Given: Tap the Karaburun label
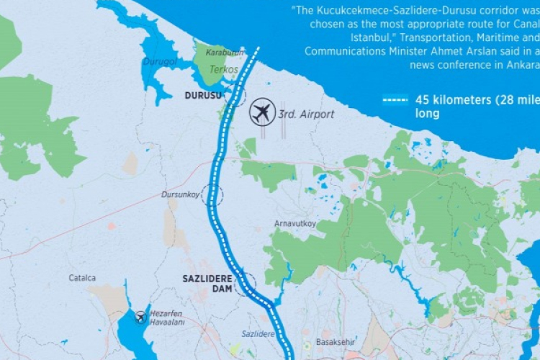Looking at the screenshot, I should (225, 53).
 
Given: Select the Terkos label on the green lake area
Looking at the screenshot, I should (224, 70).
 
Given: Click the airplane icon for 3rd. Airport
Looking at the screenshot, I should (263, 112).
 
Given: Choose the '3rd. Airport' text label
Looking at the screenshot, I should (306, 114).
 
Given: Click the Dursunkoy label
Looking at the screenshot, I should (179, 194).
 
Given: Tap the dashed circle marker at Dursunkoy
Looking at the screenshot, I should (212, 194).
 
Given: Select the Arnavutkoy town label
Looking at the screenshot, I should (295, 223).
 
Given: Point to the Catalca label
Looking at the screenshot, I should (83, 277).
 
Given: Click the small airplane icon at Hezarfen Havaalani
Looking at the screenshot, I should (141, 318).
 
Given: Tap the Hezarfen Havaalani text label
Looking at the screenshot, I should (168, 318).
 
